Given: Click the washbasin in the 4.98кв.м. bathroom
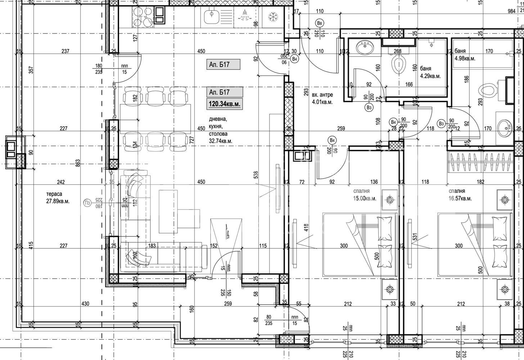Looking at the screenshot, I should (x=505, y=126).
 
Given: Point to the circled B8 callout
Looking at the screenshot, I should (x=319, y=24).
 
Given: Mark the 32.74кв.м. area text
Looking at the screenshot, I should (x=220, y=141).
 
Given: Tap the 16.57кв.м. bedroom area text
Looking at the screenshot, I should (x=460, y=198).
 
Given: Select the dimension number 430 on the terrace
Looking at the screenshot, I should (x=85, y=304).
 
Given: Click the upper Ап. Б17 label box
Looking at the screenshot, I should (x=223, y=65).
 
